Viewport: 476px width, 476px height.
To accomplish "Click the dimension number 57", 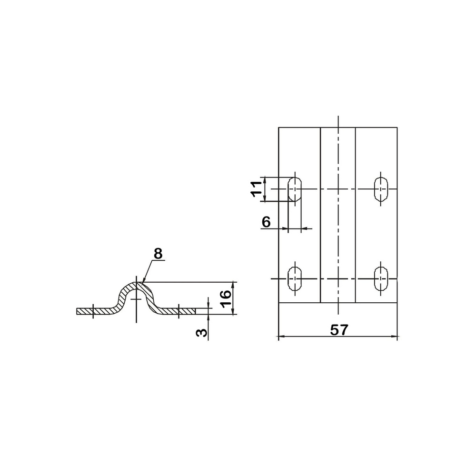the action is click(x=339, y=330).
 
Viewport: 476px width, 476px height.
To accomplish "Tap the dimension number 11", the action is click(x=256, y=189).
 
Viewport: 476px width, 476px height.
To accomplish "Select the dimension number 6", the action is click(x=266, y=222).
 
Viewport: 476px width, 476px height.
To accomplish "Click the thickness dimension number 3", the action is click(x=202, y=333).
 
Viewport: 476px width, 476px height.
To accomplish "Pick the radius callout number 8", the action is click(x=158, y=254).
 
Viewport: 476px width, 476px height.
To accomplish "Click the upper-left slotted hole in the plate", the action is click(x=295, y=189).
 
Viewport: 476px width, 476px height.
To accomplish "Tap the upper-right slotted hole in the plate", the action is click(x=381, y=189).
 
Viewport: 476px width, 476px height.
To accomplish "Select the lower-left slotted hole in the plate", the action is click(x=295, y=278).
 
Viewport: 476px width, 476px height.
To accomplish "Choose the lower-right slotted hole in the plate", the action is click(x=381, y=278).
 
